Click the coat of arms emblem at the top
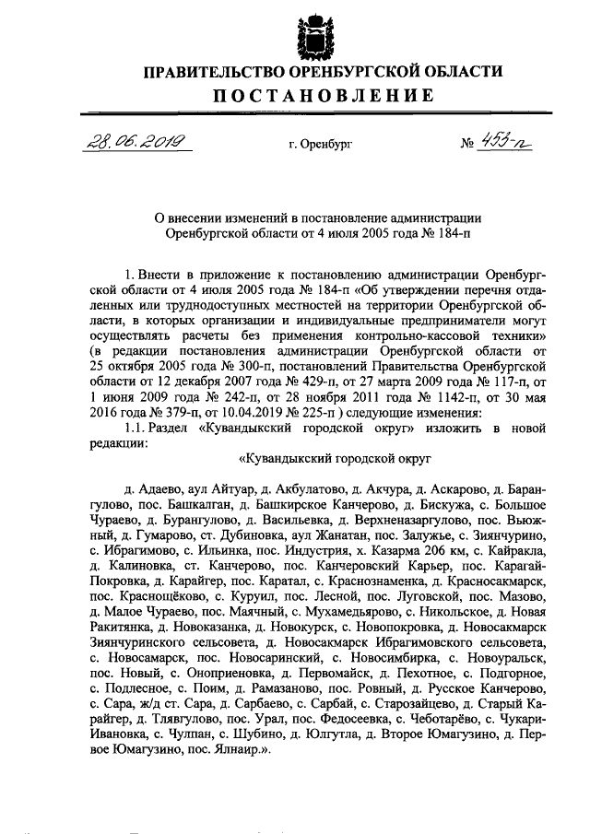(x=312, y=37)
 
